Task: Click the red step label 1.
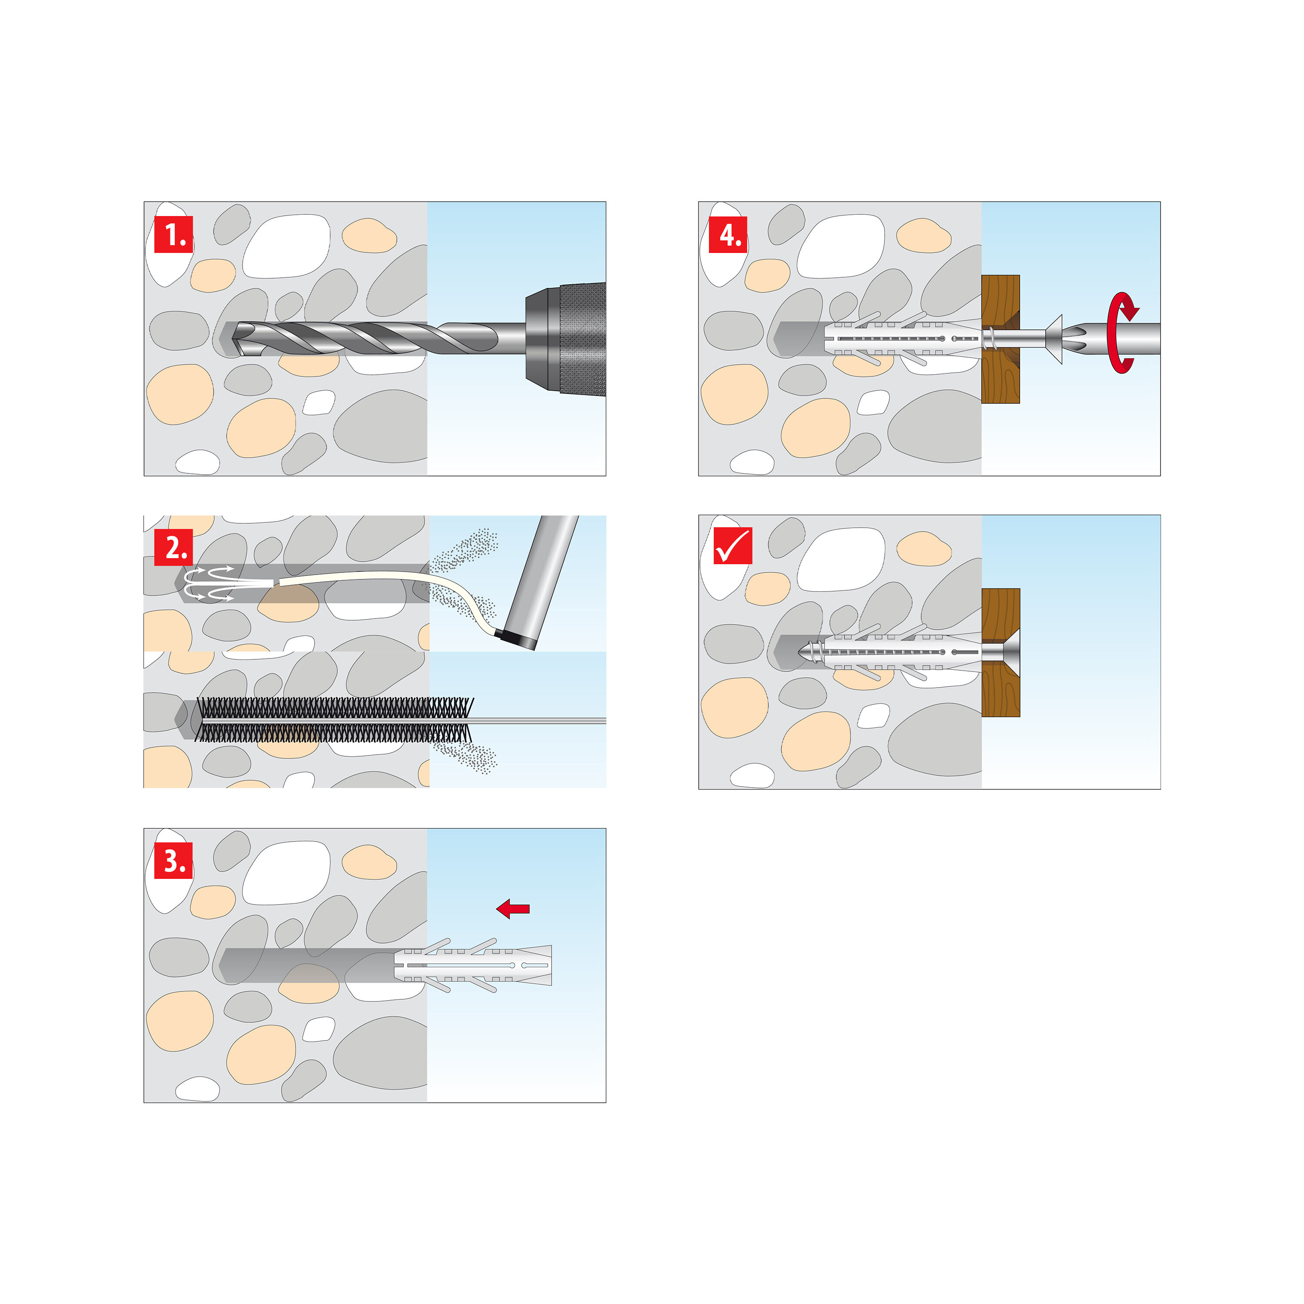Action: [x=173, y=234]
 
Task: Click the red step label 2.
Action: [x=173, y=547]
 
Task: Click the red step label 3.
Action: [x=173, y=861]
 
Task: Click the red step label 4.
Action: [x=728, y=234]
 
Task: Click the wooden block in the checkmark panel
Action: [x=1000, y=692]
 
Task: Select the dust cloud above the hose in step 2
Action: [x=466, y=550]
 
